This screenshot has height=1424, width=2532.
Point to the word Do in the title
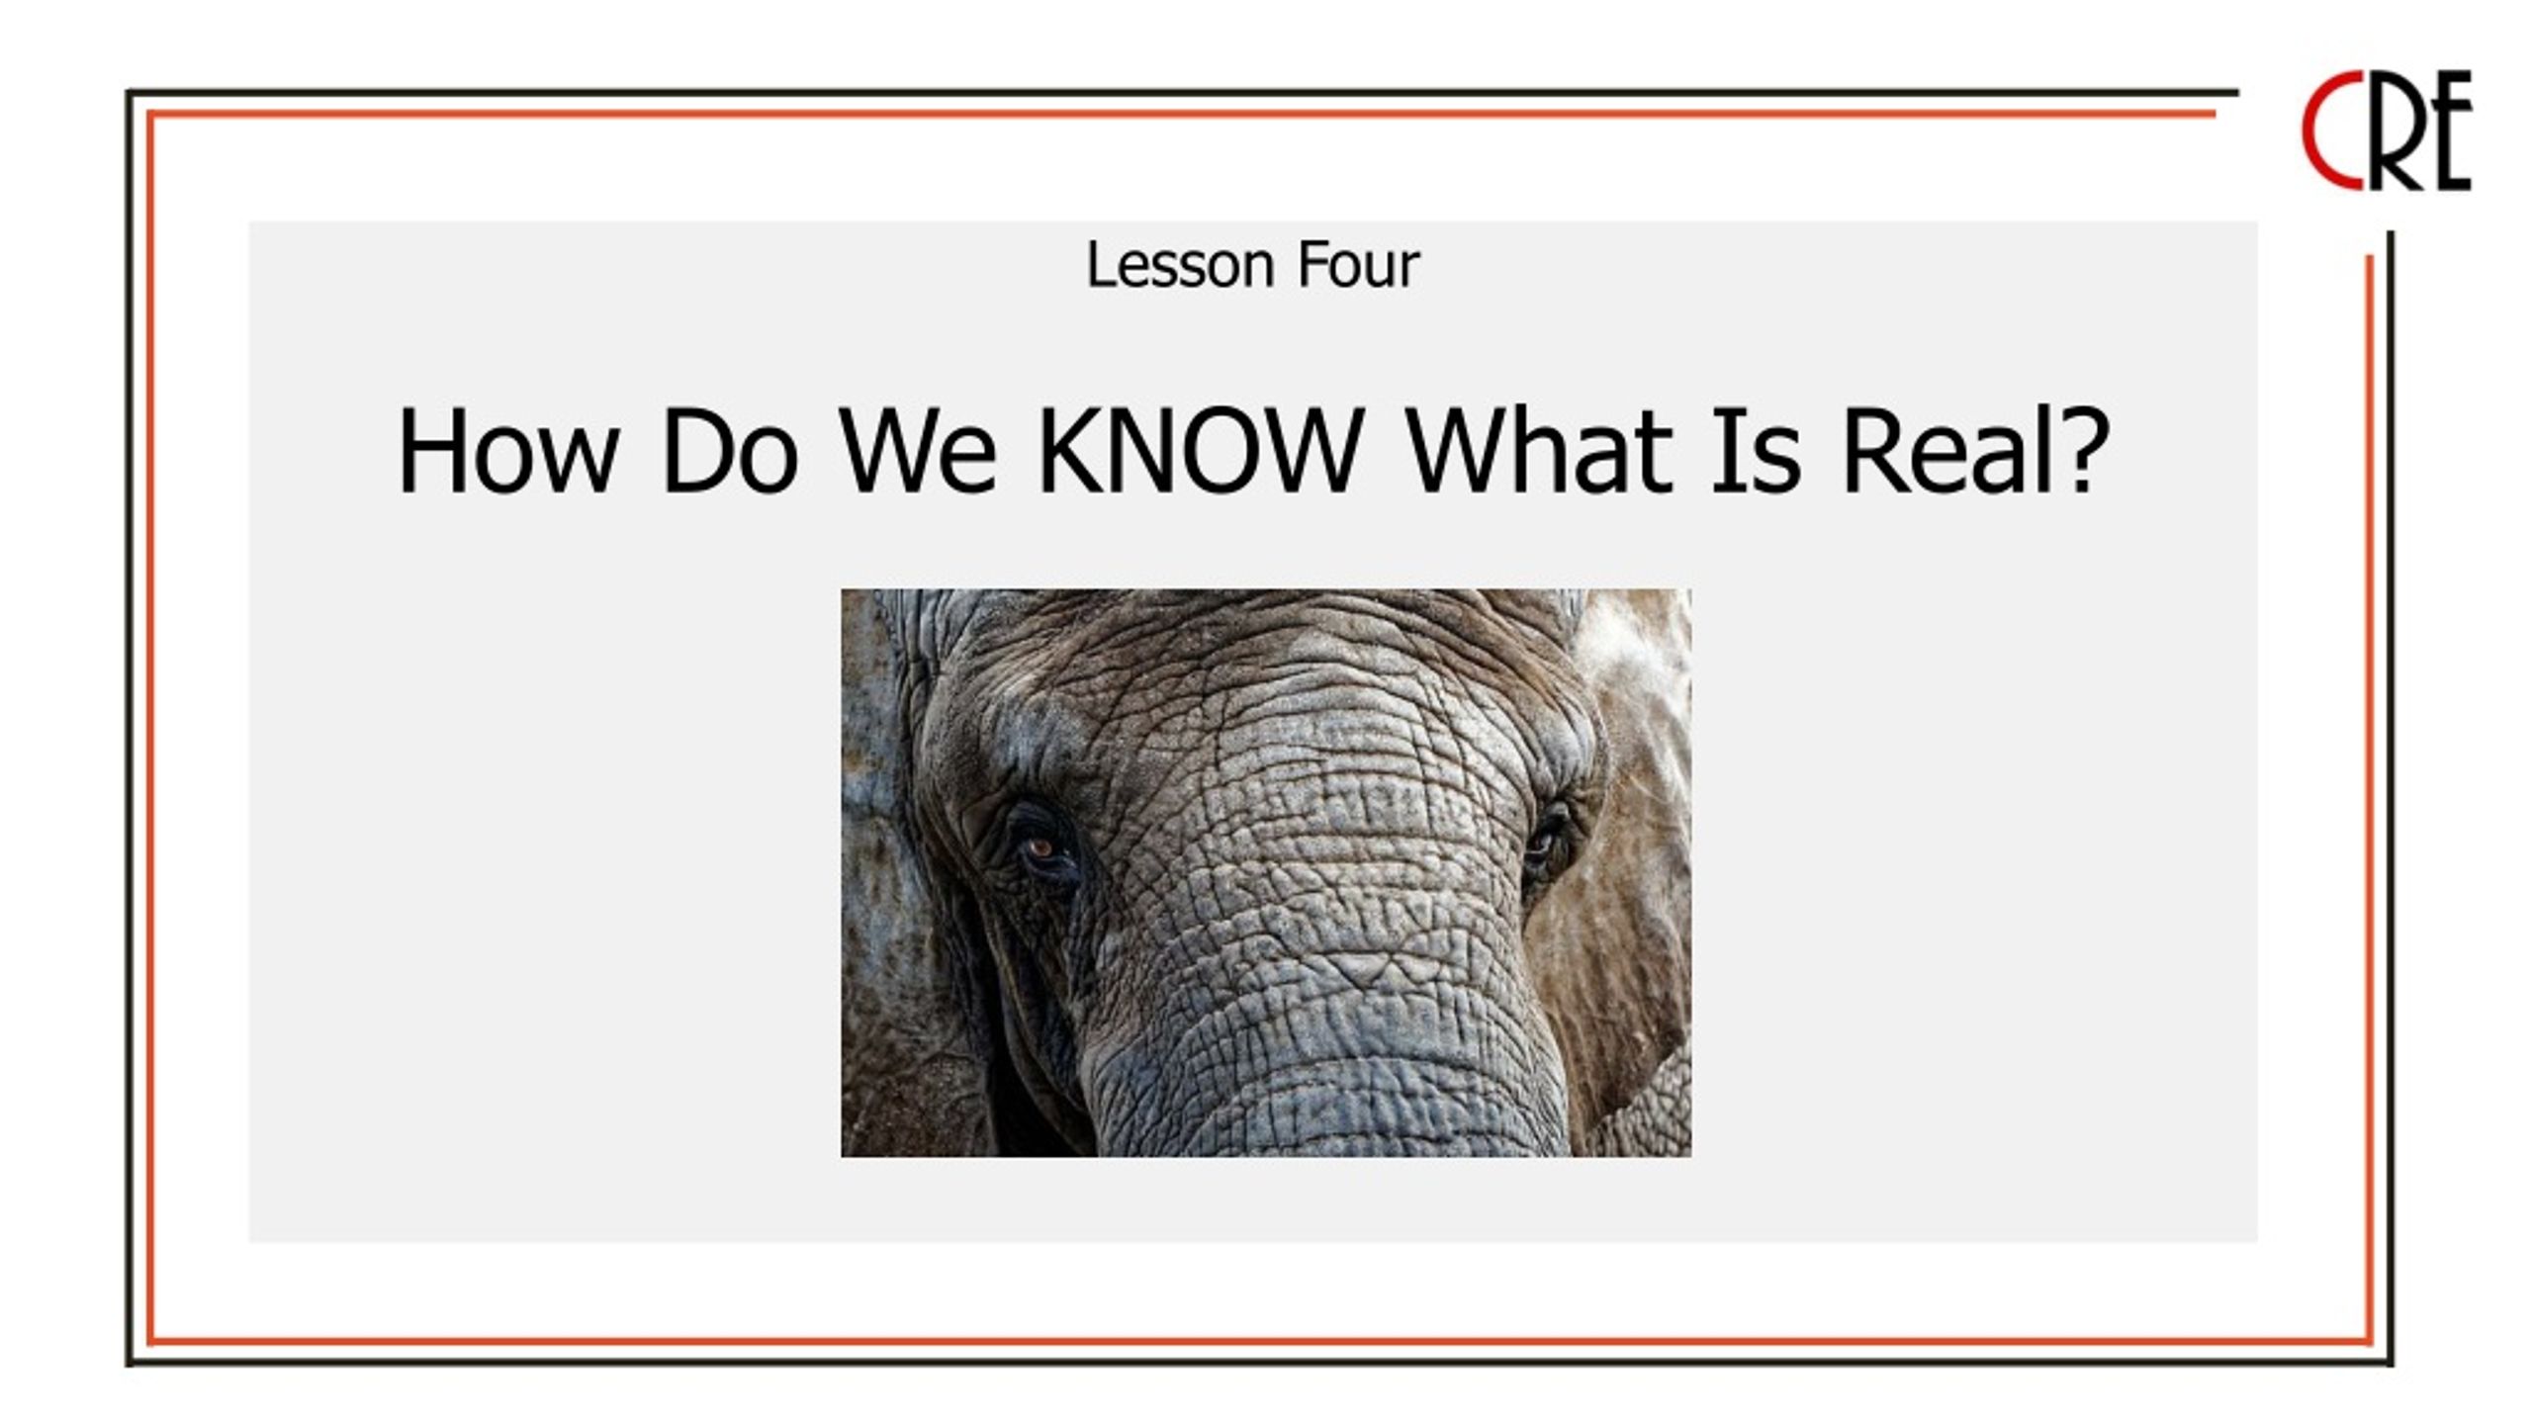[730, 451]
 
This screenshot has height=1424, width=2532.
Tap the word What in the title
[1539, 451]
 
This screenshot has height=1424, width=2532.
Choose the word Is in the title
[1757, 451]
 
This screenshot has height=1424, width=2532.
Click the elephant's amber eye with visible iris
[1040, 847]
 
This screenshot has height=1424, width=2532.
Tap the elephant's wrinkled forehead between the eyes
[1276, 752]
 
